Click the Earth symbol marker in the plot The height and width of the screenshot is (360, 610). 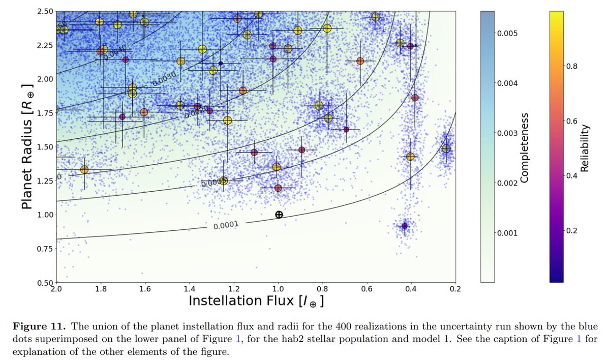[x=279, y=215]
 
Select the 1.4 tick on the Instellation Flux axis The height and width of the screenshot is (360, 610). [x=189, y=288]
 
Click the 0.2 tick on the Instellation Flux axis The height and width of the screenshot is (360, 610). [x=455, y=288]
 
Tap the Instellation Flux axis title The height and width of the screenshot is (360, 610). [x=256, y=301]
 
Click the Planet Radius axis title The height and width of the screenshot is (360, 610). [x=28, y=146]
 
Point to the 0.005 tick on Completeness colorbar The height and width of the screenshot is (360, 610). [x=506, y=33]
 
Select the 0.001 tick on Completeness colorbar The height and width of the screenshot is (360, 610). [x=506, y=233]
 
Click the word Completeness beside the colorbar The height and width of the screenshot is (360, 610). [x=525, y=147]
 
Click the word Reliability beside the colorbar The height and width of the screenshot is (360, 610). [x=586, y=147]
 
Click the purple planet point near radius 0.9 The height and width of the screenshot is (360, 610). [x=405, y=226]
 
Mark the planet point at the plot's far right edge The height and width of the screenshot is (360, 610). [x=446, y=148]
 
